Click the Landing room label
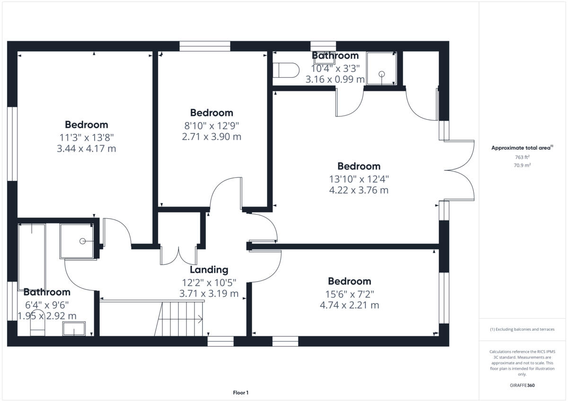(x=209, y=270)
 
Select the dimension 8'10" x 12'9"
(x=212, y=125)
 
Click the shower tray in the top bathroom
(x=381, y=69)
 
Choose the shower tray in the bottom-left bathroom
(x=77, y=241)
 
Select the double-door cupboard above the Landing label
(x=179, y=255)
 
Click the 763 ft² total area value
(x=522, y=157)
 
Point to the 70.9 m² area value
(x=522, y=166)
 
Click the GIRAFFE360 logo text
(x=522, y=385)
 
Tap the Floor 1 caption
(x=240, y=393)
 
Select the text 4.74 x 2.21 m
(x=349, y=305)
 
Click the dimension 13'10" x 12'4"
(x=359, y=179)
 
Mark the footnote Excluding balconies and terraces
(x=522, y=329)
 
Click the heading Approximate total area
(x=521, y=148)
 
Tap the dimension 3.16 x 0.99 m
(x=335, y=80)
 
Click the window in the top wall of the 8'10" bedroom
(x=205, y=46)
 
